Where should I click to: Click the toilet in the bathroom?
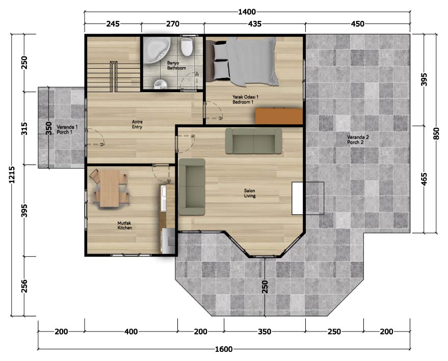point(187,46)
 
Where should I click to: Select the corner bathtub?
point(156,50)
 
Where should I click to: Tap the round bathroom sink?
point(161,84)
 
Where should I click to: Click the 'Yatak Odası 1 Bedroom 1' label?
point(245,100)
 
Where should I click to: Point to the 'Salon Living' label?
point(250,193)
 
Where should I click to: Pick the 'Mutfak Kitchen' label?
point(125,226)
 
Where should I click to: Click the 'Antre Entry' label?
point(137,124)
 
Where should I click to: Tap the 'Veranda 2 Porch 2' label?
point(358,140)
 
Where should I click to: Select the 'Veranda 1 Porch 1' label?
point(67,129)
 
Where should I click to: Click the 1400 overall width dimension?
point(247,12)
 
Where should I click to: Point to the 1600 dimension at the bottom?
point(224,349)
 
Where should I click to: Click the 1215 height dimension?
point(12,175)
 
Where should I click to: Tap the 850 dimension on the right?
point(436,133)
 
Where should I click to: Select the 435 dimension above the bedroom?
point(254,24)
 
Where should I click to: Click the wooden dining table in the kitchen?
point(110,188)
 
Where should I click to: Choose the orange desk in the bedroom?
point(279,116)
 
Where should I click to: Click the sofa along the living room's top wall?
point(254,141)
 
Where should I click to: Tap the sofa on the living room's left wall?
point(192,187)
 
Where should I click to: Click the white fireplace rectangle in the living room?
point(298,199)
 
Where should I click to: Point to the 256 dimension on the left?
point(24,286)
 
